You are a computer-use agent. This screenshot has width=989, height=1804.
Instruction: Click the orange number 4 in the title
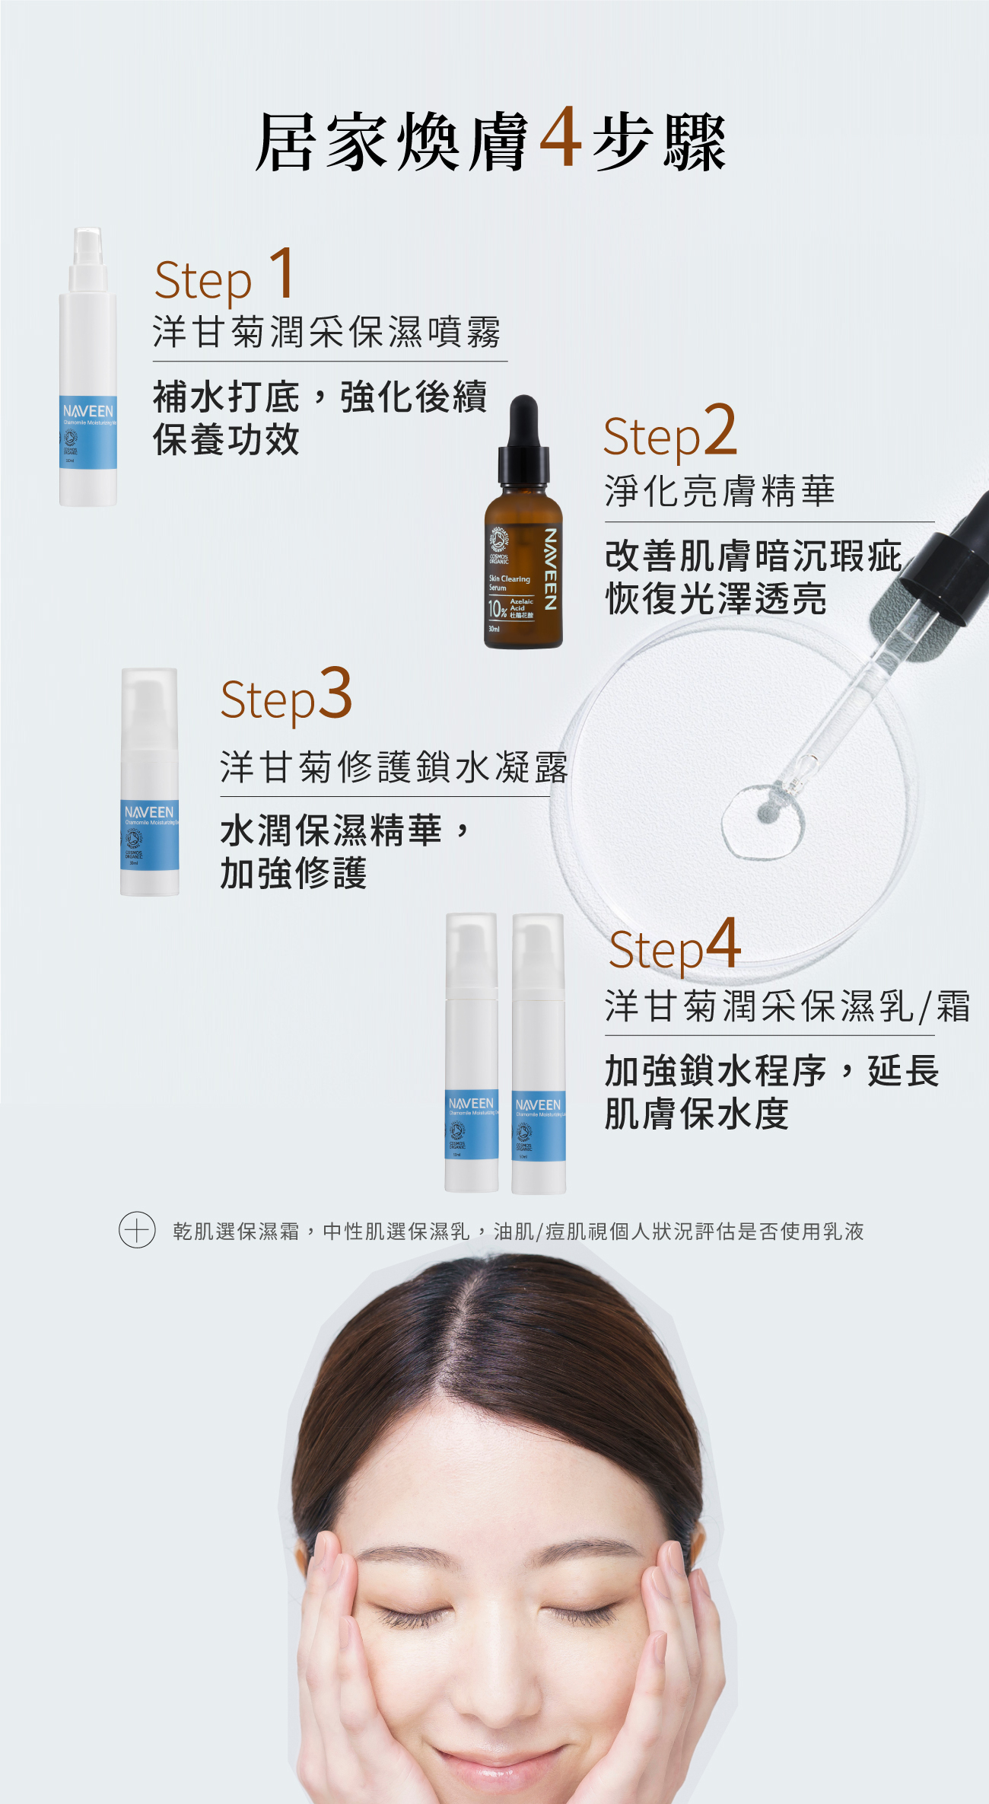(x=561, y=138)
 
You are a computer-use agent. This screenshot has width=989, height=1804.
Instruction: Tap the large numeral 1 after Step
(x=282, y=273)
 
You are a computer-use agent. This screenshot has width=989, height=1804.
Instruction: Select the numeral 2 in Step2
(x=720, y=431)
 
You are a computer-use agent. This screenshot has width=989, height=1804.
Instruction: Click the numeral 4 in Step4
(x=723, y=943)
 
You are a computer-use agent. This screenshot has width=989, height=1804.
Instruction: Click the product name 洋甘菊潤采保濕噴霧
(x=327, y=333)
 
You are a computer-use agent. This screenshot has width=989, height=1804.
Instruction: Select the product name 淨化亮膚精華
(x=720, y=491)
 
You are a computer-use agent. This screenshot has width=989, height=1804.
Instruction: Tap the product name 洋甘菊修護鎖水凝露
(x=394, y=767)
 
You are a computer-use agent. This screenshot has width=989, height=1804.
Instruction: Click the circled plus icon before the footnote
(x=137, y=1230)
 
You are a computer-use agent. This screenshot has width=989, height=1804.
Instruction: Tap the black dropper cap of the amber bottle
(x=523, y=441)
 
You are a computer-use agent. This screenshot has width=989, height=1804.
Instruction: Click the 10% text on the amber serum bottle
(x=497, y=608)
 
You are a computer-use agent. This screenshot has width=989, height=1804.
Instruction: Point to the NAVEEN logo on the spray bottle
(x=88, y=411)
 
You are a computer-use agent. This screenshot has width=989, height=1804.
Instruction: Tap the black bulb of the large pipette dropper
(x=951, y=556)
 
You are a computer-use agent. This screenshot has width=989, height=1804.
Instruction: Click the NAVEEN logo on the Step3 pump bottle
(x=149, y=812)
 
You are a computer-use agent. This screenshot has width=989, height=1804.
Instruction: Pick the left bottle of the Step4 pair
(x=472, y=1054)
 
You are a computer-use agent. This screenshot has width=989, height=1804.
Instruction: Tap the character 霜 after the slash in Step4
(x=953, y=1006)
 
